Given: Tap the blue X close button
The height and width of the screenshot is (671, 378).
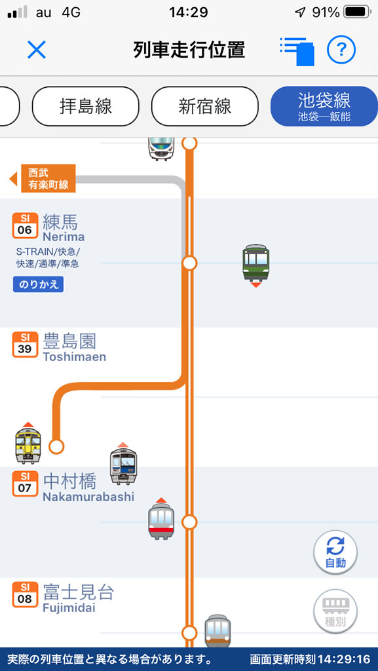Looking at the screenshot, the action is [36, 50].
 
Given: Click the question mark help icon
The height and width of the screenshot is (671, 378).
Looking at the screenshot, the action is [341, 50].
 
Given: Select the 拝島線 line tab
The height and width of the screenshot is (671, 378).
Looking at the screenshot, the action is [86, 106].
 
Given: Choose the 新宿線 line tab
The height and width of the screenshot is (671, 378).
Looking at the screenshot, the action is [205, 106].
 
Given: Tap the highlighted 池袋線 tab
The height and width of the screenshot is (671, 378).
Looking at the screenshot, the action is [324, 106].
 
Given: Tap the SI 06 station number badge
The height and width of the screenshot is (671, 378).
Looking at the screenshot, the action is [25, 225].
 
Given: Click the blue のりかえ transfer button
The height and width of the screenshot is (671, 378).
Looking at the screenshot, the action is [38, 284].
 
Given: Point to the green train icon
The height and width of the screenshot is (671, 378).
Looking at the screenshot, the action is [255, 263].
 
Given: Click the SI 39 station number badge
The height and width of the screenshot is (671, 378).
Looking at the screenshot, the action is [25, 345].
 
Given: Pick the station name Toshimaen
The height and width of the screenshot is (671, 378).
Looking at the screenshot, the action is [75, 357].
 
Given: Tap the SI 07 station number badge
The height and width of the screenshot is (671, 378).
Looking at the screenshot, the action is [25, 484].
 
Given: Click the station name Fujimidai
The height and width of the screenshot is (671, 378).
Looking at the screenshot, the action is [69, 607].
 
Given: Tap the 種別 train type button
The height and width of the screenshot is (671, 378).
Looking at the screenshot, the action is [335, 611].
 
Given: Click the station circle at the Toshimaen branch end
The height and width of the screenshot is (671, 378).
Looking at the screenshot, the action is [56, 447].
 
